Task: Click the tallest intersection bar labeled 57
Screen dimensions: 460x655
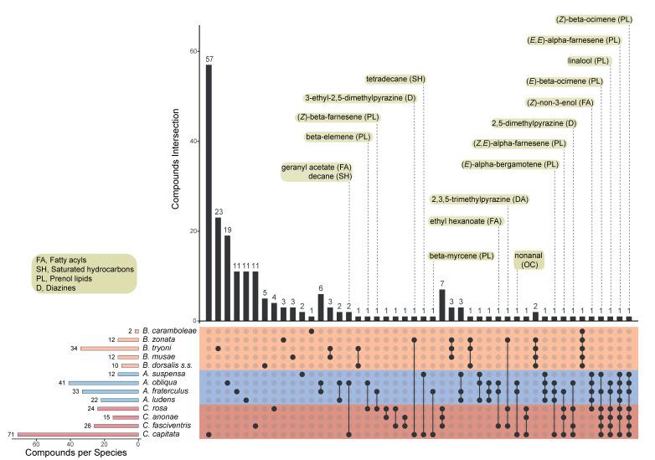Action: (x=209, y=193)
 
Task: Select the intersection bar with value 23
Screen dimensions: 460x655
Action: (x=218, y=269)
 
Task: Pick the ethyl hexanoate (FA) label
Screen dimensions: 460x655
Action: (x=465, y=221)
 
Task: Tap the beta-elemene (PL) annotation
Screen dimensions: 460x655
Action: (x=338, y=137)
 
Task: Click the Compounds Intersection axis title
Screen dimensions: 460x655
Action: (x=176, y=176)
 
